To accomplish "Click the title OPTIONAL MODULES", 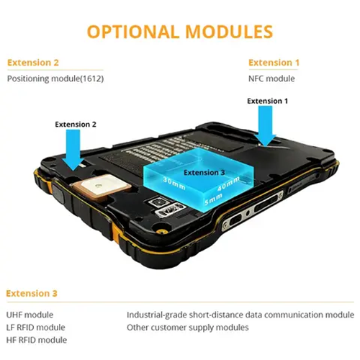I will (x=180, y=32).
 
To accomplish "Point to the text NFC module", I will (x=271, y=78).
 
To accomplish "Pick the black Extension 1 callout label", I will (x=267, y=101).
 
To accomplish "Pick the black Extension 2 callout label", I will (x=76, y=125).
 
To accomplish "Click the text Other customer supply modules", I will (x=187, y=328).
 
